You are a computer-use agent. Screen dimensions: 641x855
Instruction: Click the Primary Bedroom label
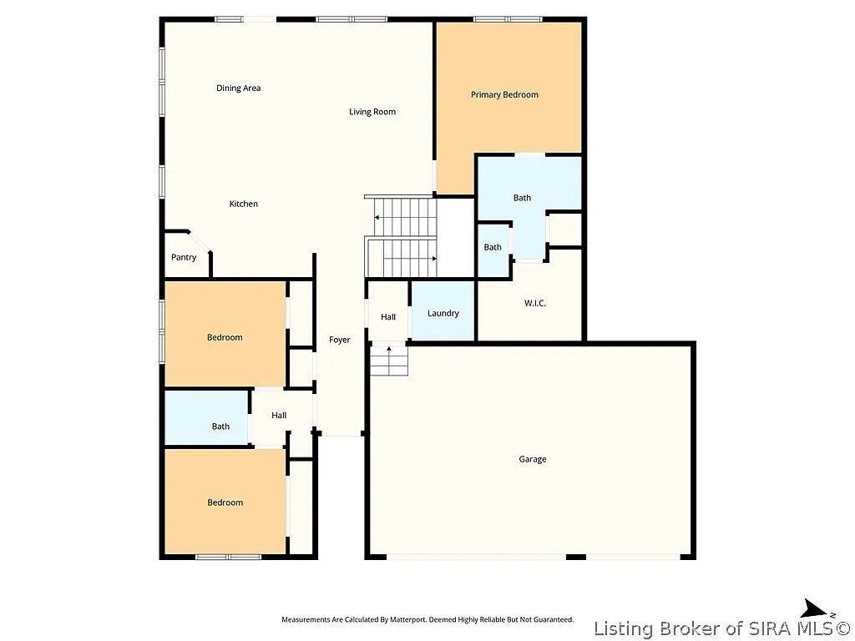tap(504, 95)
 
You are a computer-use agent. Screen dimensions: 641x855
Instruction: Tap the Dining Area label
tap(239, 88)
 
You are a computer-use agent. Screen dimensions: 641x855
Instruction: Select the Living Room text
tap(372, 112)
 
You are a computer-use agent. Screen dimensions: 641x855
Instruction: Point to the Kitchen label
tap(244, 204)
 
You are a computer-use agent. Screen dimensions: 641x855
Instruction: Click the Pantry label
tap(184, 258)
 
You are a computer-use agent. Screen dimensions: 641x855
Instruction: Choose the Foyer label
tap(339, 341)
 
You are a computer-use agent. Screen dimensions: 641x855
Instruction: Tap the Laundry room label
tap(443, 314)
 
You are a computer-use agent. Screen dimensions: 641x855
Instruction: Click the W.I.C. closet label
tap(535, 303)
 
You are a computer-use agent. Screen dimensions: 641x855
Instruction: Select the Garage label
tap(533, 460)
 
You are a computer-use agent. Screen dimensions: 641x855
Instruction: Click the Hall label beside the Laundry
tap(388, 317)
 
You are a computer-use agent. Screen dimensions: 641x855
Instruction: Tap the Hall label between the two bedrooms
tap(279, 416)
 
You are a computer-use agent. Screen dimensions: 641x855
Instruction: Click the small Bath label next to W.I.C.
tap(493, 247)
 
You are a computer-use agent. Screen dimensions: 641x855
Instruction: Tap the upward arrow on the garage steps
tap(388, 351)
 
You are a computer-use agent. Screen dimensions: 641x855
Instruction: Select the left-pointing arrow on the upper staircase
tap(377, 218)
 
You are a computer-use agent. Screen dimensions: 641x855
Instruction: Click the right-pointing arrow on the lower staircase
tap(433, 259)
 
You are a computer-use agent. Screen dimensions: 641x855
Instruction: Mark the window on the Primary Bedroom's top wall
tap(508, 18)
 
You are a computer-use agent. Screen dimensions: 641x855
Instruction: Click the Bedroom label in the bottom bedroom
tap(225, 502)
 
